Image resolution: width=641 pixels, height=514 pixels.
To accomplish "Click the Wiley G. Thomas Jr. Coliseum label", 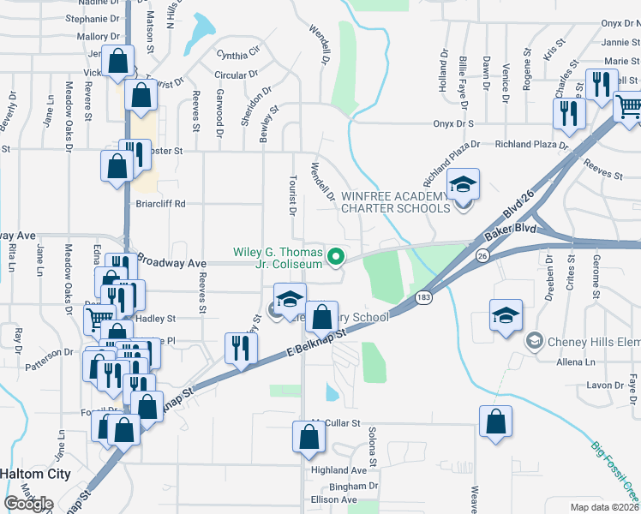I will pos(279,258).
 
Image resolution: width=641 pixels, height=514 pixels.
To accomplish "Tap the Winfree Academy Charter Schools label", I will pos(394,201).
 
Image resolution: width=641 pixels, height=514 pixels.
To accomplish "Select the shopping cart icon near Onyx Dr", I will pos(629,106).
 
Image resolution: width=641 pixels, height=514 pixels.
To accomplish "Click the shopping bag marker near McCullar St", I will pos(309,437).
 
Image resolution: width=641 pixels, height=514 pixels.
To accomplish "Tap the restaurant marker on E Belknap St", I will pos(239,348).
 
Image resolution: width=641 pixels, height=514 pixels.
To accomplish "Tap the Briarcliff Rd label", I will pos(160,204).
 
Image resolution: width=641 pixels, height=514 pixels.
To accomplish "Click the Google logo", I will pos(28,503).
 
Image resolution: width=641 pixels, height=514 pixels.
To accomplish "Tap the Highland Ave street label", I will pos(339,470).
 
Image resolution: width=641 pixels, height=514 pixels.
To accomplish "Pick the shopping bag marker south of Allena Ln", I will pos(495,422).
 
